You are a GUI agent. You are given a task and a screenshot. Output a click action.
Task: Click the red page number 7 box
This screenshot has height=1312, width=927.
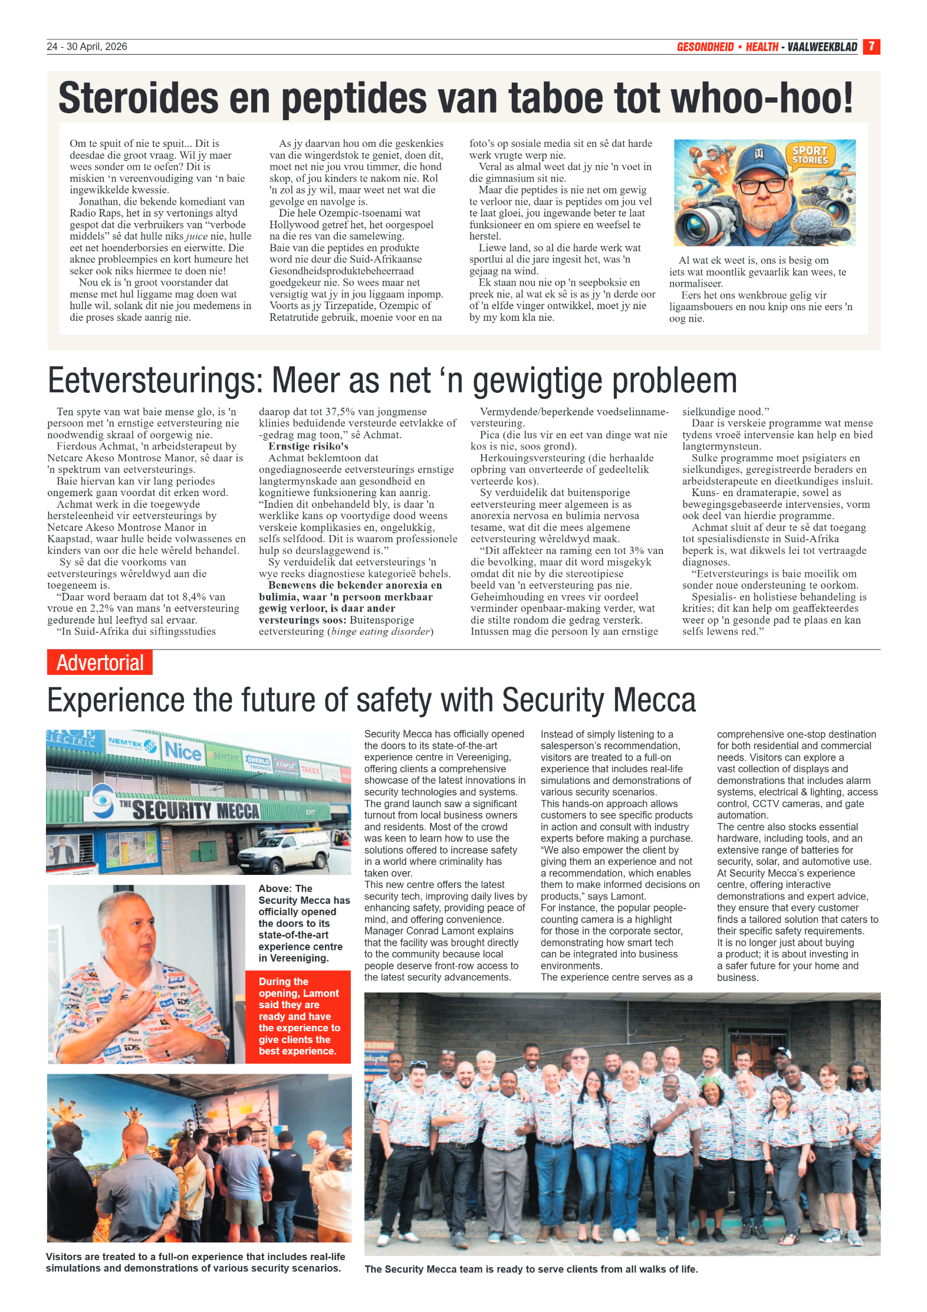(x=871, y=47)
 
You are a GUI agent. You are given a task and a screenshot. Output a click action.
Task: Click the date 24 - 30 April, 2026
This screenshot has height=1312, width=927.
(x=87, y=47)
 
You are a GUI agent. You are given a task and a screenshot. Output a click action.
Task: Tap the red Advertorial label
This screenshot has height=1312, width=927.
(x=100, y=662)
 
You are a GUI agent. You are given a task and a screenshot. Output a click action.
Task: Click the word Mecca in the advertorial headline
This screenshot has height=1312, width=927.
(x=655, y=700)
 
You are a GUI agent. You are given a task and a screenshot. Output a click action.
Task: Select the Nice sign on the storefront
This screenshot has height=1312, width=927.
(x=183, y=751)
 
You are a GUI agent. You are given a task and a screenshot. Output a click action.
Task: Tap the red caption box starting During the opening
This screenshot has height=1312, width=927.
(x=298, y=1016)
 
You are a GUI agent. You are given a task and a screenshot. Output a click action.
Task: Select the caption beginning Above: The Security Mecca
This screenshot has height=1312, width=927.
(x=304, y=923)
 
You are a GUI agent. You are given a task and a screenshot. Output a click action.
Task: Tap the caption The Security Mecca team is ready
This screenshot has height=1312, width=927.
(x=531, y=1269)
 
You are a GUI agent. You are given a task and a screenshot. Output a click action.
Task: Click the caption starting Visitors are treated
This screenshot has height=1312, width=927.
(x=195, y=1262)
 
